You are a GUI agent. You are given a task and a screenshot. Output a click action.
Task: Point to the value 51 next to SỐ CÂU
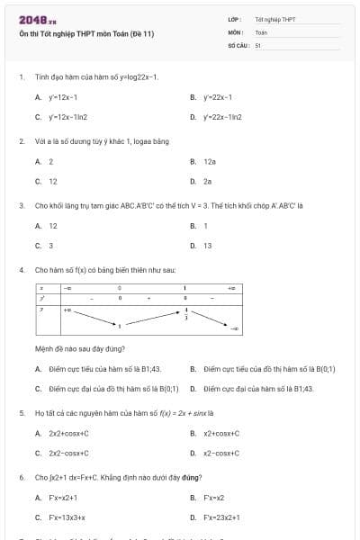pyautogui.click(x=258, y=44)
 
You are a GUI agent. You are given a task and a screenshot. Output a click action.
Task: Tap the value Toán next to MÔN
pyautogui.click(x=261, y=31)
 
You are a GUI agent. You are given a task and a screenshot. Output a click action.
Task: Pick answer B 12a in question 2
pyautogui.click(x=210, y=161)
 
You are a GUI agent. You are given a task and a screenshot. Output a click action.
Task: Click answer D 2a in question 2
pyautogui.click(x=208, y=181)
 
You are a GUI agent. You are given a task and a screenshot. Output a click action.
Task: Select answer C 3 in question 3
pyautogui.click(x=50, y=245)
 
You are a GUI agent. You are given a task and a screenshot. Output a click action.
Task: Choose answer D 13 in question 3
pyautogui.click(x=208, y=245)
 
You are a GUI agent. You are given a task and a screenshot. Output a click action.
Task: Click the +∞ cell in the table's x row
pyautogui.click(x=231, y=288)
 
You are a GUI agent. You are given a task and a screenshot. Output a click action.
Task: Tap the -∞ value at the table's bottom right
pyautogui.click(x=235, y=330)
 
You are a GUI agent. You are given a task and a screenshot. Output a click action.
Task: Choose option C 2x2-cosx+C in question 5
pyautogui.click(x=69, y=454)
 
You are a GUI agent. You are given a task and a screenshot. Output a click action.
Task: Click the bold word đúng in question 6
pyautogui.click(x=191, y=477)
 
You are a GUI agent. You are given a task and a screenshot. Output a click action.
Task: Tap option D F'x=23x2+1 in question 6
pyautogui.click(x=220, y=517)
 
